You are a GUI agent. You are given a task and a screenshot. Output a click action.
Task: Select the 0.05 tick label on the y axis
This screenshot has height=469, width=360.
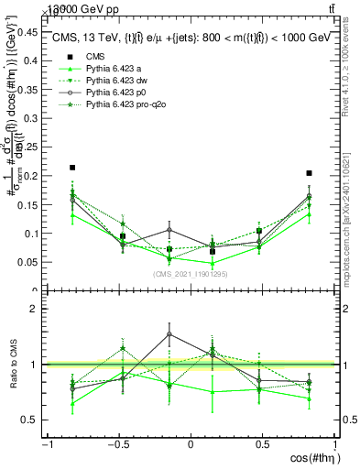(27, 263)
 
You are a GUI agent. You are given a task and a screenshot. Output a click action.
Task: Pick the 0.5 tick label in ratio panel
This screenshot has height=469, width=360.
(31, 420)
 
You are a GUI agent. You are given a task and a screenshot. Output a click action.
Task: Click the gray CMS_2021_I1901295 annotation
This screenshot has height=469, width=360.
(191, 274)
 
